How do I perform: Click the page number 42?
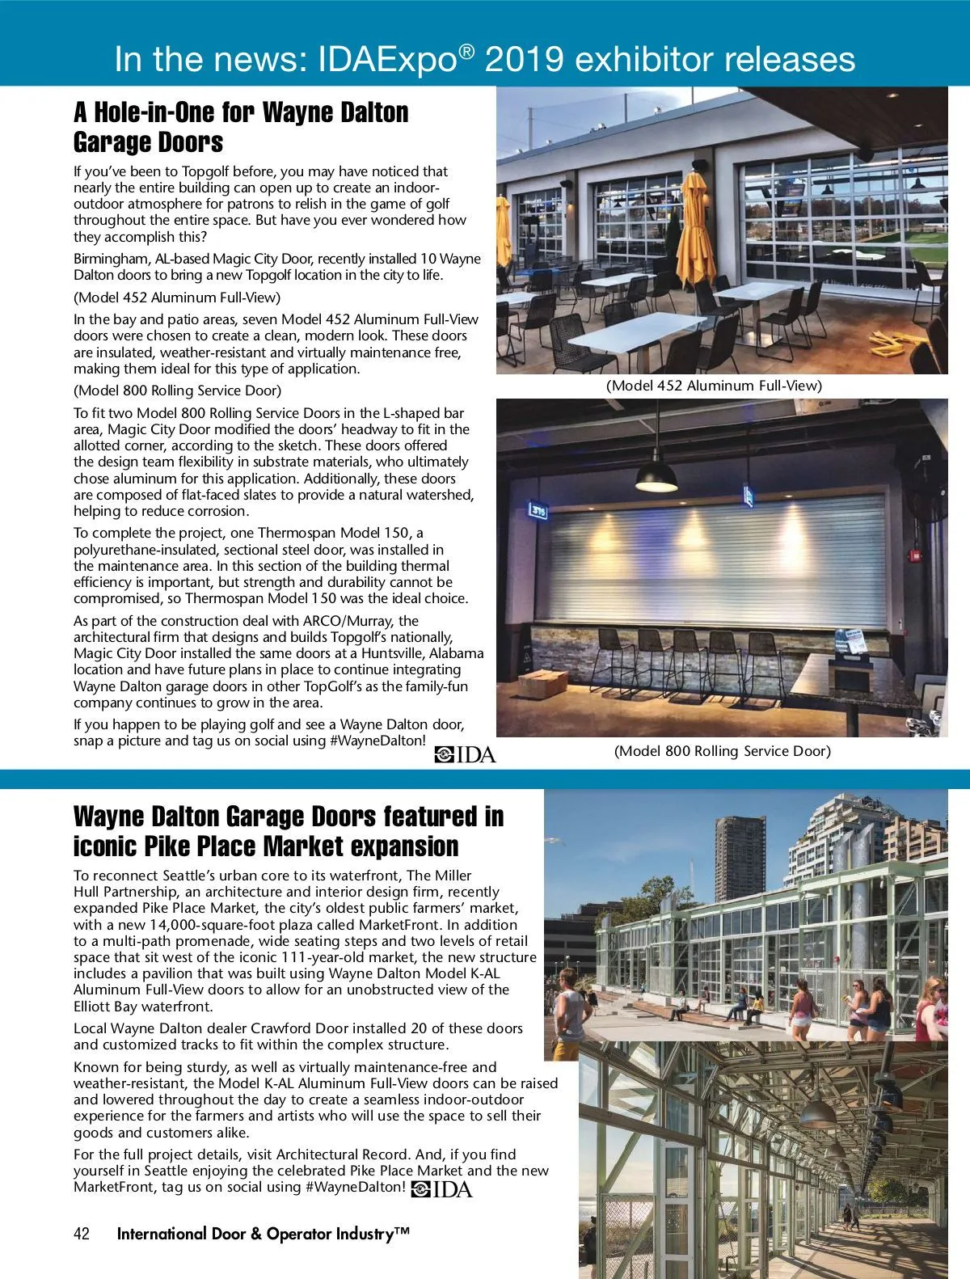tap(82, 1234)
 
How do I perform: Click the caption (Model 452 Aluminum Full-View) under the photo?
tap(714, 386)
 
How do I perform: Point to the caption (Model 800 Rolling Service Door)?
tap(722, 751)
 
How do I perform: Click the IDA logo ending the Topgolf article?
tap(465, 755)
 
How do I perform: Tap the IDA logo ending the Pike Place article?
tap(441, 1188)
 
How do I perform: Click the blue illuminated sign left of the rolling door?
tap(539, 510)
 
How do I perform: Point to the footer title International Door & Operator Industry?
tap(264, 1234)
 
